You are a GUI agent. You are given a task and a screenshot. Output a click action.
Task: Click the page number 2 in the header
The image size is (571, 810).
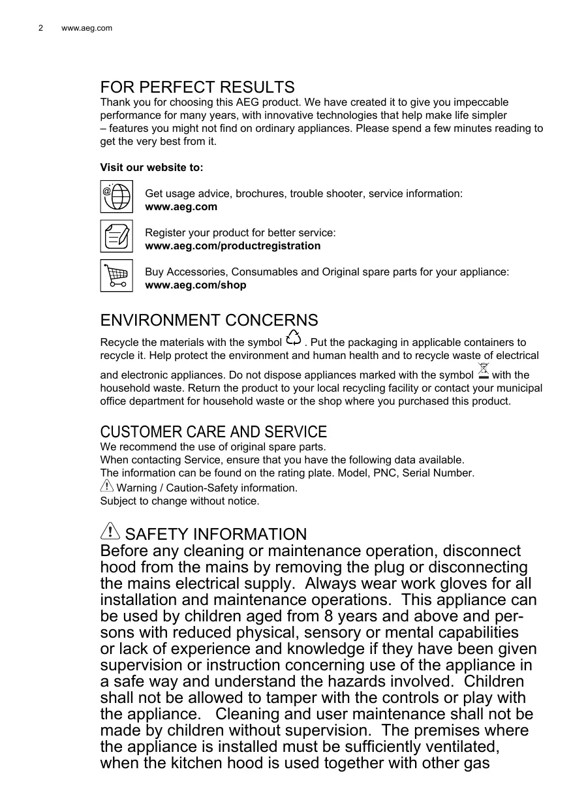pos(40,28)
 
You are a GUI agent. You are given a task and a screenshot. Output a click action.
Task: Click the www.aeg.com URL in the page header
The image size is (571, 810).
pos(86,28)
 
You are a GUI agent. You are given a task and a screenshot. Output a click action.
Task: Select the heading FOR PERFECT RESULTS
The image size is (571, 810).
pos(197,87)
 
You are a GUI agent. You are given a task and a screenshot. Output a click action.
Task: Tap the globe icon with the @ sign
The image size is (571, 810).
pos(117,196)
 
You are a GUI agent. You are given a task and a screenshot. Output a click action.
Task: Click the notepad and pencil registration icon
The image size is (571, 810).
pos(117,236)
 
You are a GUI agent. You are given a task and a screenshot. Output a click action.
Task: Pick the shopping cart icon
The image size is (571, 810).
pos(117,275)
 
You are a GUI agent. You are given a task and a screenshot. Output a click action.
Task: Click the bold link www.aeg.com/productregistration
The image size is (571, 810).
pos(232,246)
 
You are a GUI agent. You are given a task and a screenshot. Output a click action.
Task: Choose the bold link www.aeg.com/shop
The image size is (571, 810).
pos(195,285)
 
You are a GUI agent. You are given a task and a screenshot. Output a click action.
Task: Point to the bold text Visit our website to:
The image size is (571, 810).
pos(151,168)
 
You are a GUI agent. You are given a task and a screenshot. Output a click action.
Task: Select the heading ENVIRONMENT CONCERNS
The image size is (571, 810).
pos(209,320)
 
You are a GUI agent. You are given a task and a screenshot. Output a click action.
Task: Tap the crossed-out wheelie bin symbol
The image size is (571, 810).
pos(483,371)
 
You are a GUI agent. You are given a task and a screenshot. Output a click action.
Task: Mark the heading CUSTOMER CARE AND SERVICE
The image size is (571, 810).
pos(213,432)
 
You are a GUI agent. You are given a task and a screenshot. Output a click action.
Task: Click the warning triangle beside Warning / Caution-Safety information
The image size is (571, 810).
pos(106,486)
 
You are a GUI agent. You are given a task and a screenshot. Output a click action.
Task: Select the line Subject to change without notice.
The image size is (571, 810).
pos(179,501)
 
